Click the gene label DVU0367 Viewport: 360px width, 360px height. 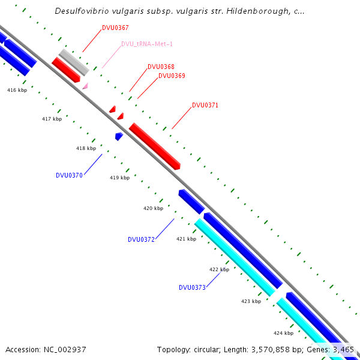[115, 28]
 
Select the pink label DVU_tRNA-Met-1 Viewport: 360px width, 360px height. [147, 44]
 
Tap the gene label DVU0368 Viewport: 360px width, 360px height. [161, 67]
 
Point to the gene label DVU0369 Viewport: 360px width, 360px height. [172, 76]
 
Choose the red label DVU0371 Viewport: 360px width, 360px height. [205, 105]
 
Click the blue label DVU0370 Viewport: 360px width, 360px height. [69, 175]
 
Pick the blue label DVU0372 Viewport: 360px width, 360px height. [141, 239]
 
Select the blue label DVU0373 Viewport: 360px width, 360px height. [192, 287]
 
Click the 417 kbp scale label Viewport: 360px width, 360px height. [52, 119]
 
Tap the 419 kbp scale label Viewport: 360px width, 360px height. [119, 178]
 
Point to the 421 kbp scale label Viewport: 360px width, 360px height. [186, 239]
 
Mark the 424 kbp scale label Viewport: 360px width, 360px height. [283, 332]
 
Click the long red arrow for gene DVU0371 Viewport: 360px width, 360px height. [155, 146]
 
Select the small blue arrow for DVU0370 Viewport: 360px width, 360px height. [119, 137]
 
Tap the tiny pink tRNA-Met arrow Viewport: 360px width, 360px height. [85, 86]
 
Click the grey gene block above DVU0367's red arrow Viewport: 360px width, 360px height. [74, 62]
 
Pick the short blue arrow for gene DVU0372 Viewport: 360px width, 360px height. [191, 201]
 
